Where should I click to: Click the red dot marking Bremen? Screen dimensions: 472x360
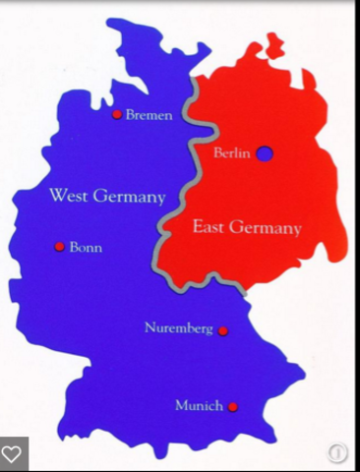point(117,114)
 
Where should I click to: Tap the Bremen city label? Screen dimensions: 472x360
point(149,115)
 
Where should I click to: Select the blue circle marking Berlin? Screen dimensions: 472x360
point(265,152)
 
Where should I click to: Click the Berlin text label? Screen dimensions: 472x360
point(232,152)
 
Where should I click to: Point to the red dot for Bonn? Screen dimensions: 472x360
point(59,246)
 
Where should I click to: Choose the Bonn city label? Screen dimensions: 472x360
point(86,247)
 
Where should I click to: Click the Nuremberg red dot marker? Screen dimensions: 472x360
point(223,330)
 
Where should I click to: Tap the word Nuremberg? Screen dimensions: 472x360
point(178,328)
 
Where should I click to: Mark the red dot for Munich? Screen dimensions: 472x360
point(233,406)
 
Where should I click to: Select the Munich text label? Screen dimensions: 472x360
point(200,405)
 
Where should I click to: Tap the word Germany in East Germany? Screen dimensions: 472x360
point(266,228)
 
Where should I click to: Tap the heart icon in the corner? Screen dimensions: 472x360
point(12,454)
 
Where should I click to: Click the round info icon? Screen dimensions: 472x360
point(336,453)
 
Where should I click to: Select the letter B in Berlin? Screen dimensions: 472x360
point(217,152)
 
